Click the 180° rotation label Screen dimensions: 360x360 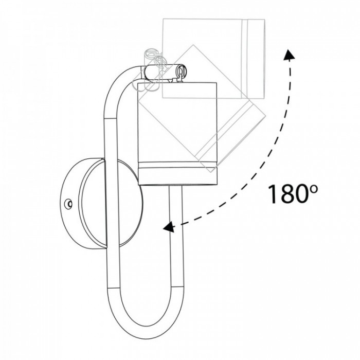(x=293, y=194)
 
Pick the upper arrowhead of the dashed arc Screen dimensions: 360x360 (x=289, y=54)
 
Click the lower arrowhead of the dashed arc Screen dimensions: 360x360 (x=168, y=227)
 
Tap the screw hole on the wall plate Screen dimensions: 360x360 (x=68, y=204)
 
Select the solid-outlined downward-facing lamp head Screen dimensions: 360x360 (x=177, y=133)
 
